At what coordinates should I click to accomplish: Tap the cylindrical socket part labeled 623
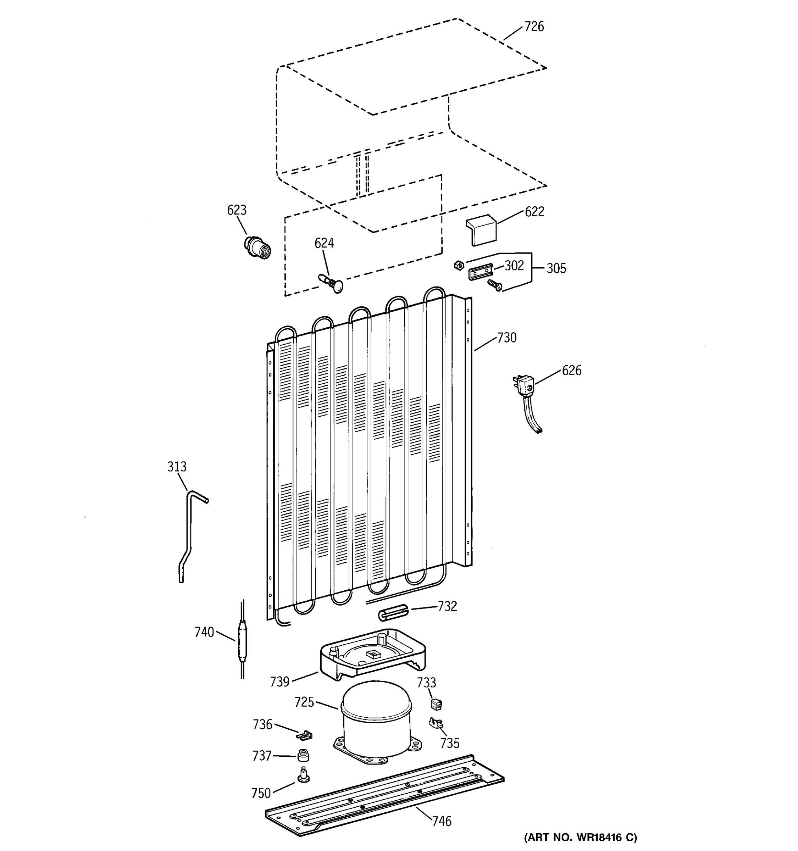pyautogui.click(x=257, y=247)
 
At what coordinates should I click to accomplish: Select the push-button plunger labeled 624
pyautogui.click(x=332, y=283)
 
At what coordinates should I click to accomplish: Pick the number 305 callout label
pyautogui.click(x=556, y=268)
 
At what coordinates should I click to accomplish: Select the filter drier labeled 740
pyautogui.click(x=242, y=639)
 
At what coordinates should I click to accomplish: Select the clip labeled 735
pyautogui.click(x=436, y=723)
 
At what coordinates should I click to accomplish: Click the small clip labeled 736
pyautogui.click(x=304, y=735)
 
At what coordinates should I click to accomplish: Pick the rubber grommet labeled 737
pyautogui.click(x=303, y=756)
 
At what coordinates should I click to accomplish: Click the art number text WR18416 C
pyautogui.click(x=581, y=837)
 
